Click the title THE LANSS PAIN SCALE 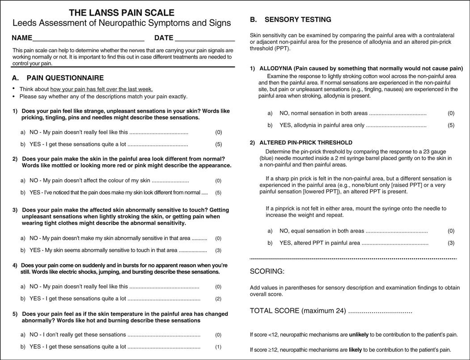[x=122, y=13]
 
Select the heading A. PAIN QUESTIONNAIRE [x=58, y=78]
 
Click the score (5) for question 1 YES [x=218, y=144]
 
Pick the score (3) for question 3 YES [x=218, y=250]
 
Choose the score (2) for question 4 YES [x=218, y=299]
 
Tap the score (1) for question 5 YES [x=218, y=347]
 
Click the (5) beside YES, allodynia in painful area [x=451, y=125]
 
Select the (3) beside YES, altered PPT [x=451, y=243]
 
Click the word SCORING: [x=267, y=271]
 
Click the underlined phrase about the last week [x=102, y=89]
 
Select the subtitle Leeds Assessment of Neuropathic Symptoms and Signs [x=122, y=23]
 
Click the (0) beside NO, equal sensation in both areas [x=451, y=231]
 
